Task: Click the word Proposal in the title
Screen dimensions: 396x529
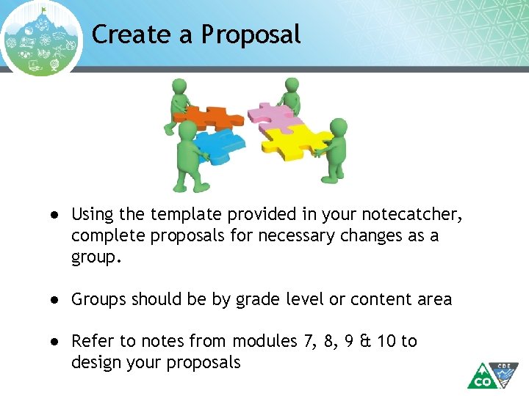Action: pos(251,34)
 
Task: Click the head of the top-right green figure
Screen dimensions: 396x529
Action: pos(292,86)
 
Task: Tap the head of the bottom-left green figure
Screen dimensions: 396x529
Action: pos(188,131)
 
